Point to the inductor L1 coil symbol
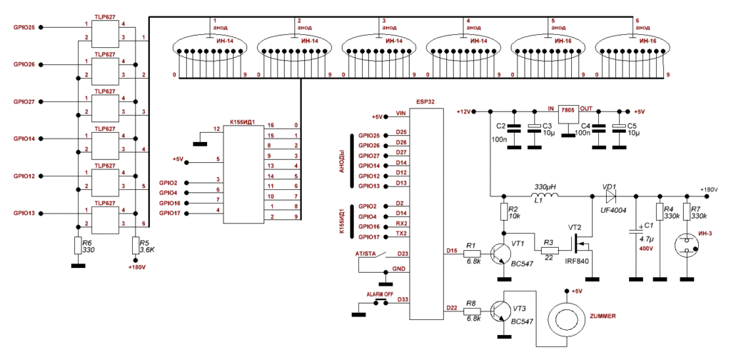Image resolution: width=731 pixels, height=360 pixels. point(545,197)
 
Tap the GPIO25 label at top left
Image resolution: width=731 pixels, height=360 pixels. point(24,27)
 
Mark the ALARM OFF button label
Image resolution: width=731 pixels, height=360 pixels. point(380,294)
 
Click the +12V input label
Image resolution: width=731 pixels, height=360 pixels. point(463,112)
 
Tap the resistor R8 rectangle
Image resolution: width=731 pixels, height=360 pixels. point(471,311)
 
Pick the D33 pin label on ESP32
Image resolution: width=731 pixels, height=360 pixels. point(401,299)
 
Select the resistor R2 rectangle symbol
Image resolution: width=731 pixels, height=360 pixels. point(504,213)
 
